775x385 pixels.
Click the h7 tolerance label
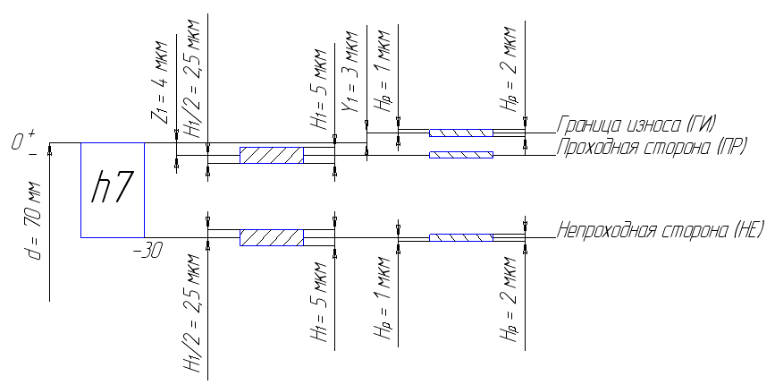tap(112, 190)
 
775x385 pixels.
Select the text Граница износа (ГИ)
tap(638, 124)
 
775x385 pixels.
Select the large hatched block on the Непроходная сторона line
tap(272, 237)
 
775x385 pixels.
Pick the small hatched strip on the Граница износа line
tap(460, 133)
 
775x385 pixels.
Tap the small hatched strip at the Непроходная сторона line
tap(461, 237)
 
